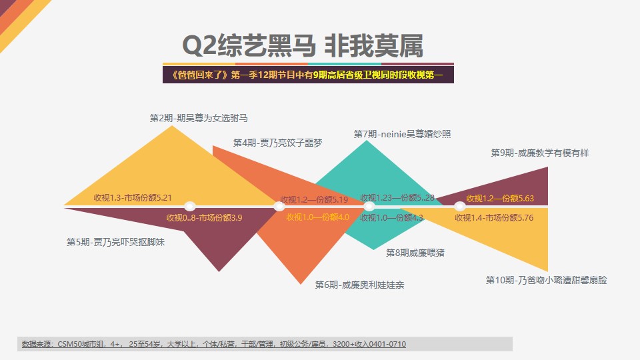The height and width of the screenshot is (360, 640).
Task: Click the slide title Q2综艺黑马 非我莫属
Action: [303, 45]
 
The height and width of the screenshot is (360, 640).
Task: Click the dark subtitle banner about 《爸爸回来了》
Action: [308, 75]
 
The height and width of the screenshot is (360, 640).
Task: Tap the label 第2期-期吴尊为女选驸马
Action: [199, 118]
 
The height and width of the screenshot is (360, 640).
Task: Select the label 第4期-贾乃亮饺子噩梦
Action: [277, 143]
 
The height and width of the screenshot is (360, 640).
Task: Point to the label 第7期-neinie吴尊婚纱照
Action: [402, 134]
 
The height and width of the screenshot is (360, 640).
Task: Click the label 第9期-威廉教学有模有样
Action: [539, 153]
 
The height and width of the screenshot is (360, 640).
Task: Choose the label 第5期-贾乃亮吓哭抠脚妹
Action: [115, 242]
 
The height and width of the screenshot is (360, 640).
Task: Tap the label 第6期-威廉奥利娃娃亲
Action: [359, 285]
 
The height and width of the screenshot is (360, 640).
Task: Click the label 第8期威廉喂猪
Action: [415, 253]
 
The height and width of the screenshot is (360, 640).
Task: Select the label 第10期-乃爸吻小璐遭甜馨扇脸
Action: [546, 280]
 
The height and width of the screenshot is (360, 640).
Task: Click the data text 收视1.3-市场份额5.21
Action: [133, 197]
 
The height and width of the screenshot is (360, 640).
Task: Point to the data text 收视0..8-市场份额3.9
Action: [204, 217]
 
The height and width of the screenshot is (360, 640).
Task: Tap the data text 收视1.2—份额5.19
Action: [314, 199]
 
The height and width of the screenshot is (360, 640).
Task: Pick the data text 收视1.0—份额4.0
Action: [317, 217]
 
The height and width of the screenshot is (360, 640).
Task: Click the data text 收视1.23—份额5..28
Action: [397, 197]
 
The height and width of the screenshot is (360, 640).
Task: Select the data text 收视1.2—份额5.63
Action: [500, 199]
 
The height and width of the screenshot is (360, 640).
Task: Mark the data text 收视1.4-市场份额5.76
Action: [494, 217]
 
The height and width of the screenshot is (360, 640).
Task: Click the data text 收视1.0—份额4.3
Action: [391, 217]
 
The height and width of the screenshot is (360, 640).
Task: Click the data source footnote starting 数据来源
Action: [214, 344]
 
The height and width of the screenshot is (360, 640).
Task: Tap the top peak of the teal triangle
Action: [367, 141]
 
